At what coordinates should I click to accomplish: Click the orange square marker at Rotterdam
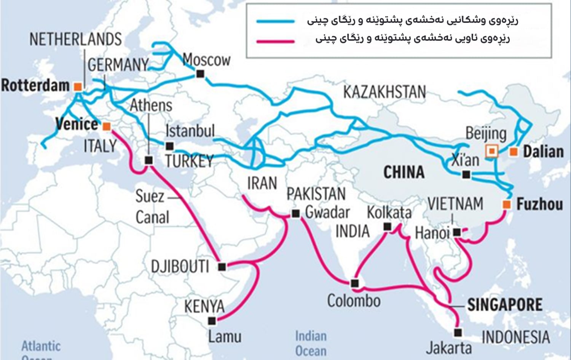pos(78,86)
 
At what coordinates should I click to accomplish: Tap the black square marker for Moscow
pos(200,74)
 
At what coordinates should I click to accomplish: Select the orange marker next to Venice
pos(107,126)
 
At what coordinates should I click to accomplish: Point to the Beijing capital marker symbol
pos(492,151)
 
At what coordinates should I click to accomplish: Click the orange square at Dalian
pos(514,152)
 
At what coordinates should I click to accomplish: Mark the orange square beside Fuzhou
pos(507,205)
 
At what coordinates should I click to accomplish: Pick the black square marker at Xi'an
pos(466,175)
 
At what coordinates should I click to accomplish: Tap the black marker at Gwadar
pos(296,214)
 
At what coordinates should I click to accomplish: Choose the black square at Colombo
pos(355,283)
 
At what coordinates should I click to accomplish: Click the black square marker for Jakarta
pos(458,333)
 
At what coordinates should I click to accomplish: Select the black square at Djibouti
pos(222,267)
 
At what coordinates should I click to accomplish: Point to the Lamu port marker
pos(212,321)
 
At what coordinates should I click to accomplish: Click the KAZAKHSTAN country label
pos(384,92)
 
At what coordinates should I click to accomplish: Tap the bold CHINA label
pos(404,172)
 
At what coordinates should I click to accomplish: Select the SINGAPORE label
pos(505,305)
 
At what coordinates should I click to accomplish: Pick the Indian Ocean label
pos(311,343)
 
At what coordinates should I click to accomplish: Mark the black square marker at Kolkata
pos(387,227)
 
